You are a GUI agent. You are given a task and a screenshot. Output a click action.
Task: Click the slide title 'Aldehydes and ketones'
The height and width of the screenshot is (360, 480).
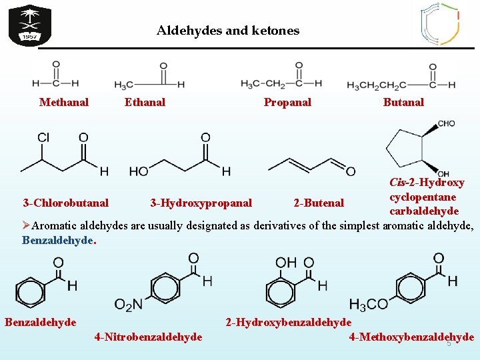point(228,31)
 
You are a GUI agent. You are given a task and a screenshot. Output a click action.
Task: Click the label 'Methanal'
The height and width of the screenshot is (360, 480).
point(64,102)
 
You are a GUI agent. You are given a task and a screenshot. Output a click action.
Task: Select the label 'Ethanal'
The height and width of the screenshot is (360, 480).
point(145,102)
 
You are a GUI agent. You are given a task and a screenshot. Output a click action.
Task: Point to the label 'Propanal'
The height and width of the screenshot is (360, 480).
point(287,102)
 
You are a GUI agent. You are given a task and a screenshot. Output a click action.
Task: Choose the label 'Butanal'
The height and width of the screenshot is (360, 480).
point(403,102)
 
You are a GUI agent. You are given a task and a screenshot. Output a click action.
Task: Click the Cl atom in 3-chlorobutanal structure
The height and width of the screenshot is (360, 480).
point(43,137)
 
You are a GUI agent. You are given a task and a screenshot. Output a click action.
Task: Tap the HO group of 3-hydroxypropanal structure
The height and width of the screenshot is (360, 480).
point(139,171)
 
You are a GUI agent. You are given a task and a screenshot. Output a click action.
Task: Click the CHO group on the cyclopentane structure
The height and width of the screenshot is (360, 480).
point(446,124)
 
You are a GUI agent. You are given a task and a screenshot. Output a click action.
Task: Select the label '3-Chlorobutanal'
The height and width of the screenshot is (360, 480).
point(65,202)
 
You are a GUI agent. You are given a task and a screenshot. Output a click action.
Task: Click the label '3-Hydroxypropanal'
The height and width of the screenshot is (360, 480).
point(201,202)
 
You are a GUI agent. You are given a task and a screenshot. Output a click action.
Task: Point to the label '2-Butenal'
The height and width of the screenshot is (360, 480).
point(319,202)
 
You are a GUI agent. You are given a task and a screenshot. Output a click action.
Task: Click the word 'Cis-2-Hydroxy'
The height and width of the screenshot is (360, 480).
point(427,183)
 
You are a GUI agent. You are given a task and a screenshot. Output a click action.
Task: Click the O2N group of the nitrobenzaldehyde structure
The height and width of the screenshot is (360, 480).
point(128,304)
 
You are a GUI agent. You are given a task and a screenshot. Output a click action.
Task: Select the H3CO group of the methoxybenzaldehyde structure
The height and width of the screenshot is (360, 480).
point(368,304)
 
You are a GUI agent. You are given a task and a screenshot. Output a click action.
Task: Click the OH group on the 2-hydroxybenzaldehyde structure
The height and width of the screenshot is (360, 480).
point(286,262)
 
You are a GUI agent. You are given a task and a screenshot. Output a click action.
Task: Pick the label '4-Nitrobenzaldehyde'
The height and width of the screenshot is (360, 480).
point(148,337)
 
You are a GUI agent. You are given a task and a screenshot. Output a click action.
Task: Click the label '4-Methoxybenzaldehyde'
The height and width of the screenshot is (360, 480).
point(411,337)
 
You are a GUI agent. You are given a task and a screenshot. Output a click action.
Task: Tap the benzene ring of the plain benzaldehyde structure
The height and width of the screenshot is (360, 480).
point(30,291)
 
